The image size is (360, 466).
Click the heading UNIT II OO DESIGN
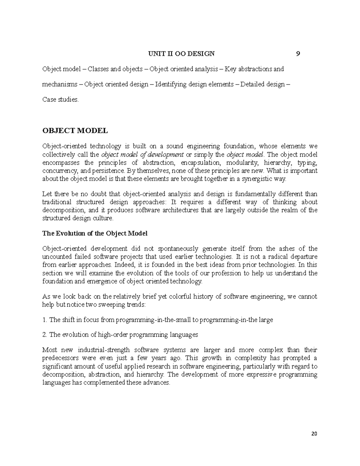point(182,54)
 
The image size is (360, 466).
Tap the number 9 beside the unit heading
point(298,54)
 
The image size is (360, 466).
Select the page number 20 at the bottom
point(314,434)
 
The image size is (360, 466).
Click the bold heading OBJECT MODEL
point(75,131)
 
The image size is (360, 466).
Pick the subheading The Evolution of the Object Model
point(95,233)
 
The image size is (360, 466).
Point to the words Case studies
point(60,100)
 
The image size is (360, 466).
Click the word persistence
point(109,171)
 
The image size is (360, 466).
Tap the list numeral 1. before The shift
point(45,320)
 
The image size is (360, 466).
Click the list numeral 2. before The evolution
point(45,335)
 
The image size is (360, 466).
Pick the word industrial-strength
point(103,350)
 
